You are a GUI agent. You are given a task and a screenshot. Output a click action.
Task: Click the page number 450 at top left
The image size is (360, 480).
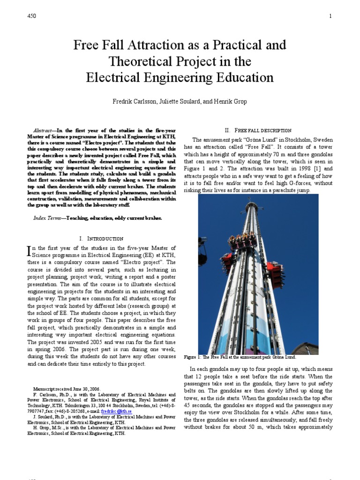tap(32, 16)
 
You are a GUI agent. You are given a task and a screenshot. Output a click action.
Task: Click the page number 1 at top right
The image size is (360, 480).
tap(330, 16)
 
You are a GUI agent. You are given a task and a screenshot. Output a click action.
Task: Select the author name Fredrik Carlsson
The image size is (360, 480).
tap(136, 101)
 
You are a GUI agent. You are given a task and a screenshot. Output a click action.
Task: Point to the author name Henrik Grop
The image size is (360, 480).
tap(230, 101)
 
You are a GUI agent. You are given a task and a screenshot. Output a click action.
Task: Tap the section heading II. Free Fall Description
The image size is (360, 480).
tap(258, 130)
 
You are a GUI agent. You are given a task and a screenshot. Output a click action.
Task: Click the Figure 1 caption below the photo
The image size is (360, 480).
tap(240, 357)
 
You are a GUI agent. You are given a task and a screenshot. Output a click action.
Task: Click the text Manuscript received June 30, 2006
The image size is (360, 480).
tap(67, 389)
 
